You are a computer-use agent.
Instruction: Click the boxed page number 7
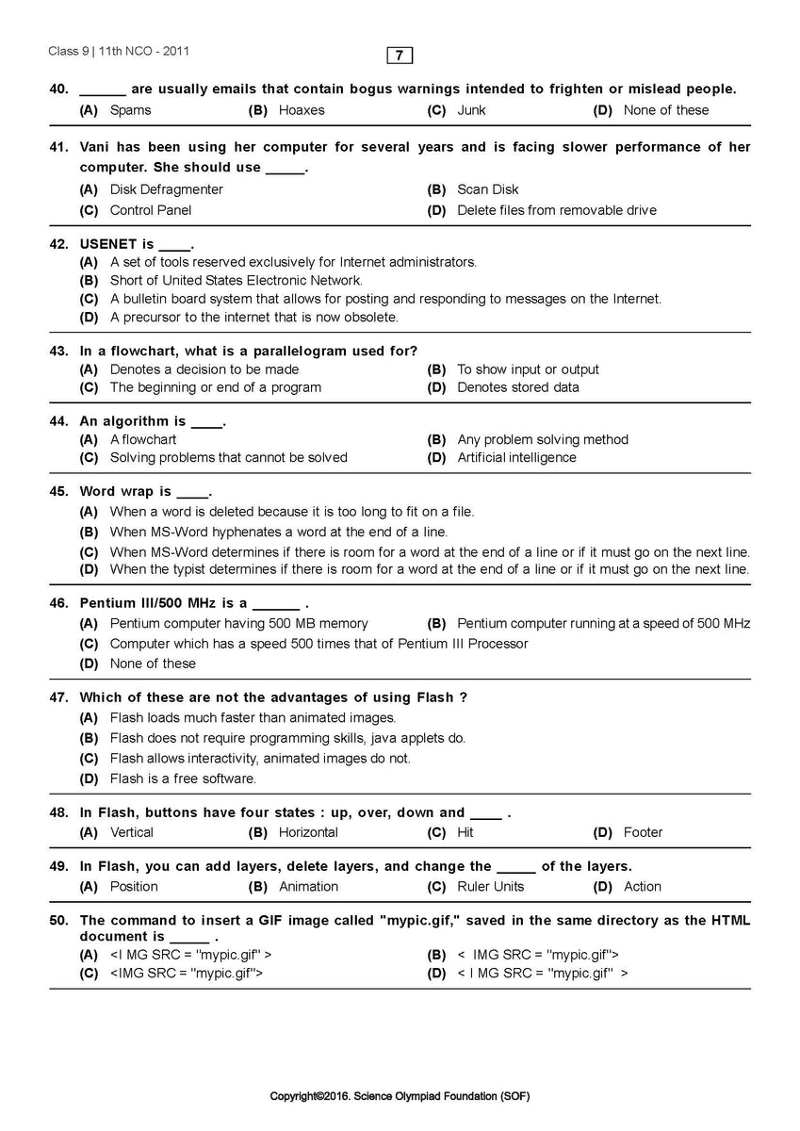[400, 56]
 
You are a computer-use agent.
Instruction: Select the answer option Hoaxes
[301, 110]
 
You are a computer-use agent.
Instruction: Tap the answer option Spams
[130, 110]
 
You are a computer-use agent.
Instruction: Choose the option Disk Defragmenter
[166, 189]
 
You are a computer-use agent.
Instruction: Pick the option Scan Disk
[487, 189]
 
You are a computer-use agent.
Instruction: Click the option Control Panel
[150, 210]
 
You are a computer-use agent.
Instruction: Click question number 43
[58, 351]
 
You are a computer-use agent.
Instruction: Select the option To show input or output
[528, 369]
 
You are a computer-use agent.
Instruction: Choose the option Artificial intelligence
[515, 458]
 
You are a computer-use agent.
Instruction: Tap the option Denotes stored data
[517, 387]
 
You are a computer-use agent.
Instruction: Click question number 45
[58, 492]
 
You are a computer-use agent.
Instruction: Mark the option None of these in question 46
[153, 664]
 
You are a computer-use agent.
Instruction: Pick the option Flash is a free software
[183, 779]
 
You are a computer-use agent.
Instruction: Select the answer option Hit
[465, 832]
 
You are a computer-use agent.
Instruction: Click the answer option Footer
[643, 832]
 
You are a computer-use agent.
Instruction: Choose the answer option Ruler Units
[490, 887]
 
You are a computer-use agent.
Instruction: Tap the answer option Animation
[308, 887]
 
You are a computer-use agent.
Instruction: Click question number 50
[58, 920]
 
